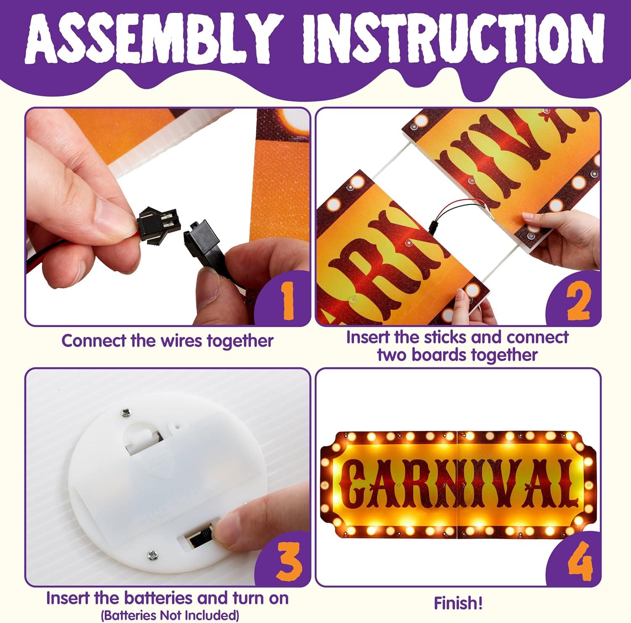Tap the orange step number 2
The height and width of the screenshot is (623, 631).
(578, 301)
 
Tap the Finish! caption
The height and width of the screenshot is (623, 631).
(458, 603)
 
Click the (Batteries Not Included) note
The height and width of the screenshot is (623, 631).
(170, 615)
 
